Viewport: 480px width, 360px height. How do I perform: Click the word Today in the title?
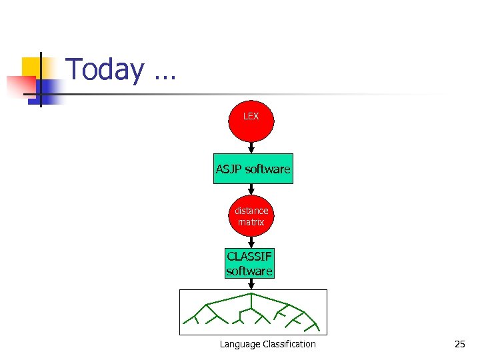pyautogui.click(x=105, y=70)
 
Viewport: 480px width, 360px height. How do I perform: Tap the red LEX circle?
pyautogui.click(x=251, y=117)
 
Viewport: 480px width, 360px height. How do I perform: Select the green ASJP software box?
pyautogui.click(x=253, y=169)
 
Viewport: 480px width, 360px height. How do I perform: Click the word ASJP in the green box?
pyautogui.click(x=229, y=169)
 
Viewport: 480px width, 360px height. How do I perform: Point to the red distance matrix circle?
pyautogui.click(x=251, y=216)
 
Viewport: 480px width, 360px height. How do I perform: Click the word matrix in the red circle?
pyautogui.click(x=251, y=222)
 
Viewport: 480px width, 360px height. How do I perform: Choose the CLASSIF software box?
pyautogui.click(x=249, y=263)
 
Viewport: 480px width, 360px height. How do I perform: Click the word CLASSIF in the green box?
pyautogui.click(x=249, y=257)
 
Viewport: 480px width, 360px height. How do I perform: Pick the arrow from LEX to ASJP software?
pyautogui.click(x=251, y=147)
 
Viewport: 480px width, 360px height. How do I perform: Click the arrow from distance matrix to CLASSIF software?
pyautogui.click(x=251, y=241)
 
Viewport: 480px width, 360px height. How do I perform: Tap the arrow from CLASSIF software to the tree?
pyautogui.click(x=251, y=284)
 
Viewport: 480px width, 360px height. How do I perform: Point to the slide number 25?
pyautogui.click(x=459, y=344)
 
